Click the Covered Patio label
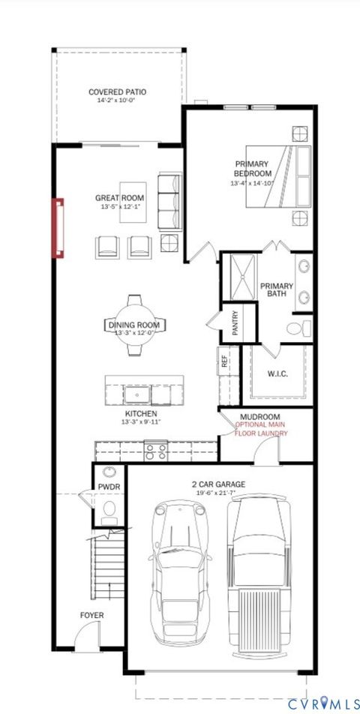[117, 92]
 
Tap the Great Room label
[119, 198]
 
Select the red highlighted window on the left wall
[58, 227]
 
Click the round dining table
[133, 324]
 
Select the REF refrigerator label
[223, 358]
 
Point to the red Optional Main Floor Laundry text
[260, 429]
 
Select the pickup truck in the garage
[259, 574]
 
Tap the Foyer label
[92, 616]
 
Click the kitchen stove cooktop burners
[156, 450]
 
